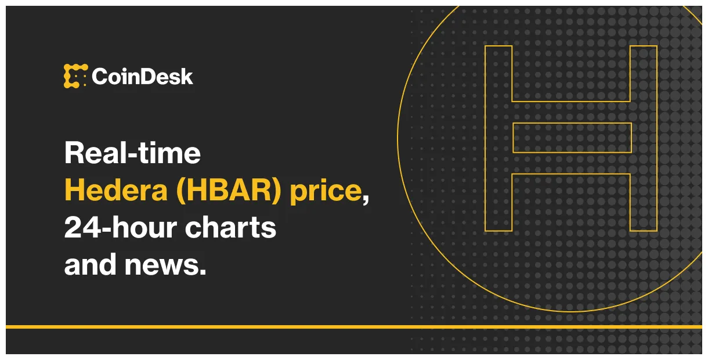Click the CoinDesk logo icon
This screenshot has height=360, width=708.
click(x=75, y=76)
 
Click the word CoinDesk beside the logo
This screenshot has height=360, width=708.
click(x=142, y=77)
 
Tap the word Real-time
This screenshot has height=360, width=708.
click(x=132, y=153)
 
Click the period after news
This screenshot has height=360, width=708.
click(x=203, y=272)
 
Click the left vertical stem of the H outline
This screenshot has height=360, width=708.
click(x=499, y=138)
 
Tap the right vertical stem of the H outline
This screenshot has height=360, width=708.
click(x=644, y=138)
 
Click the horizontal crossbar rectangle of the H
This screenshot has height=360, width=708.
click(x=572, y=138)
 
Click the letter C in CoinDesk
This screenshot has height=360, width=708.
click(x=100, y=77)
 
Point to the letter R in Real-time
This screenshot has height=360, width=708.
click(x=74, y=153)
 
